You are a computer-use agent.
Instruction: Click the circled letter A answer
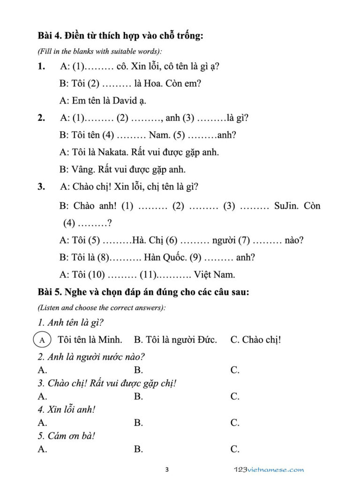43,340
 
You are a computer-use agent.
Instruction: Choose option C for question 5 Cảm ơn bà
235,449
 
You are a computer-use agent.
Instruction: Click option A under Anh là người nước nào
42,370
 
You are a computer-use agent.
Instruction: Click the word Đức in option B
206,340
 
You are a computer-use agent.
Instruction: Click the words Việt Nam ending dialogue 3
215,274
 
